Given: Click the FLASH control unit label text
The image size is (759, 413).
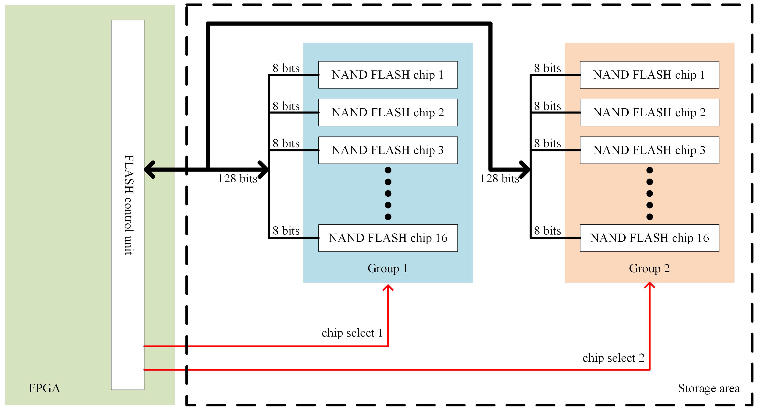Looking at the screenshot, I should click(129, 205).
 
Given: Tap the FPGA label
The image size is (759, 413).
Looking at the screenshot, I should click(44, 388).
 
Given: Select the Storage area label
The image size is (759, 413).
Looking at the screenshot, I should click(709, 388).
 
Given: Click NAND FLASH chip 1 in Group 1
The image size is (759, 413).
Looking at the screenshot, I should click(388, 75).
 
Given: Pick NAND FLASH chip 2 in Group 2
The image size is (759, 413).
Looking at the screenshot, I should click(649, 113).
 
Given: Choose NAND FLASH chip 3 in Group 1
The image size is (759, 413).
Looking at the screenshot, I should click(388, 150).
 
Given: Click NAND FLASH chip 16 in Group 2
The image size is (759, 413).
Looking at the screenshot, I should click(649, 238).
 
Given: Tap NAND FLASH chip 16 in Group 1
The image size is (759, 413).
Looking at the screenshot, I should click(388, 238).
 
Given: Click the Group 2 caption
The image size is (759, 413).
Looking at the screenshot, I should click(649, 268).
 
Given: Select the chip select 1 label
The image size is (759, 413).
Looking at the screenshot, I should click(352, 333).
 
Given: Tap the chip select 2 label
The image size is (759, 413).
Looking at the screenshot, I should click(613, 358).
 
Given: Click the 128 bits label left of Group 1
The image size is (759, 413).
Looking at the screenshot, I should click(238, 179).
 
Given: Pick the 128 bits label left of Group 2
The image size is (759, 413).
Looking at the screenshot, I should click(500, 179).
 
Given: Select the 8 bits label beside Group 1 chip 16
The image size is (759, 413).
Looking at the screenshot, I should click(286, 231).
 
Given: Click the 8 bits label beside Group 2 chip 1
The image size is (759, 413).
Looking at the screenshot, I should click(547, 68).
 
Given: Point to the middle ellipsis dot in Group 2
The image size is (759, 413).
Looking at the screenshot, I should click(649, 194).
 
